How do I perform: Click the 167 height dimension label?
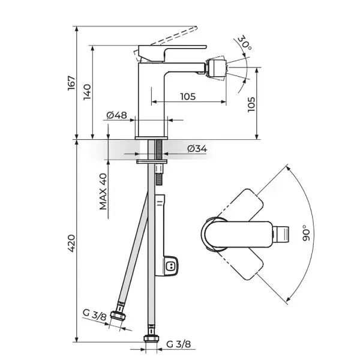[x=71, y=83]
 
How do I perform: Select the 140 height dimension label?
[x=87, y=92]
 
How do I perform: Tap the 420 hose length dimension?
[x=71, y=244]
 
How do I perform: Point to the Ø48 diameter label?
[x=116, y=115]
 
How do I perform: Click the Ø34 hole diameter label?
[x=197, y=149]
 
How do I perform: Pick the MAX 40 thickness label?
[x=103, y=191]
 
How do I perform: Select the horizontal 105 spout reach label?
[x=188, y=97]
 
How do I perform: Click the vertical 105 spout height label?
[x=251, y=104]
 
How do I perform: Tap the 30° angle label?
[x=244, y=43]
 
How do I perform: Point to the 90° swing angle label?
[x=306, y=233]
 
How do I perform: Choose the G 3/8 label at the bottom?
[x=178, y=344]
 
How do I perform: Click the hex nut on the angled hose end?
[x=118, y=316]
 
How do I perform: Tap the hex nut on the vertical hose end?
[x=152, y=338]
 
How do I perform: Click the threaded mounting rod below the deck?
[x=159, y=162]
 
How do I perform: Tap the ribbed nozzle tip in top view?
[x=280, y=234]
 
